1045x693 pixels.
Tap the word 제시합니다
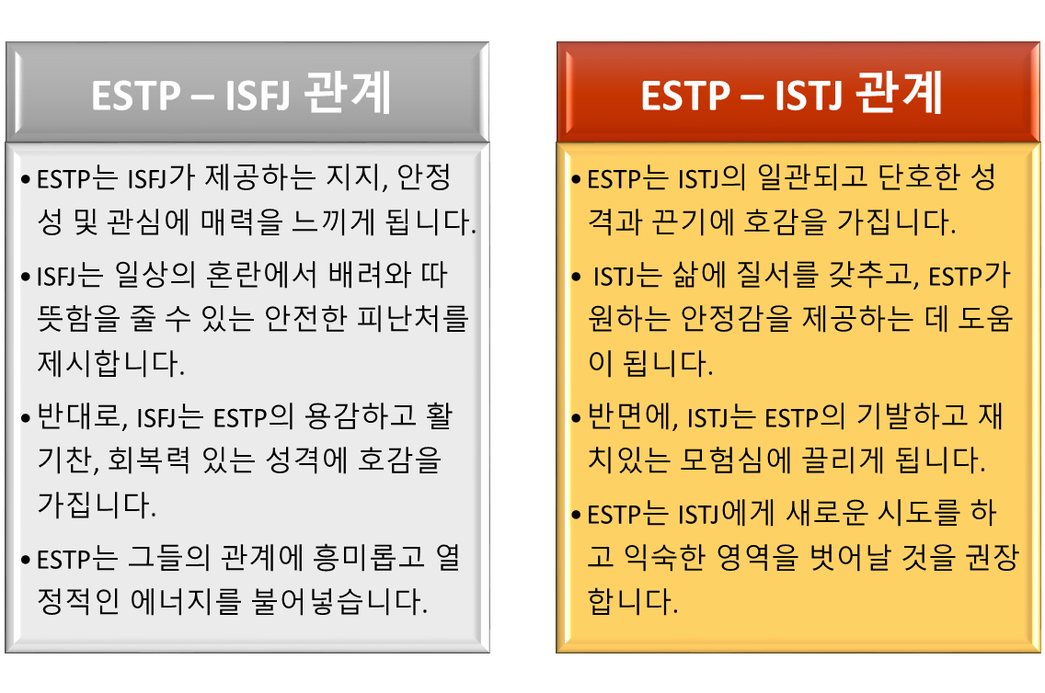point(111,363)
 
